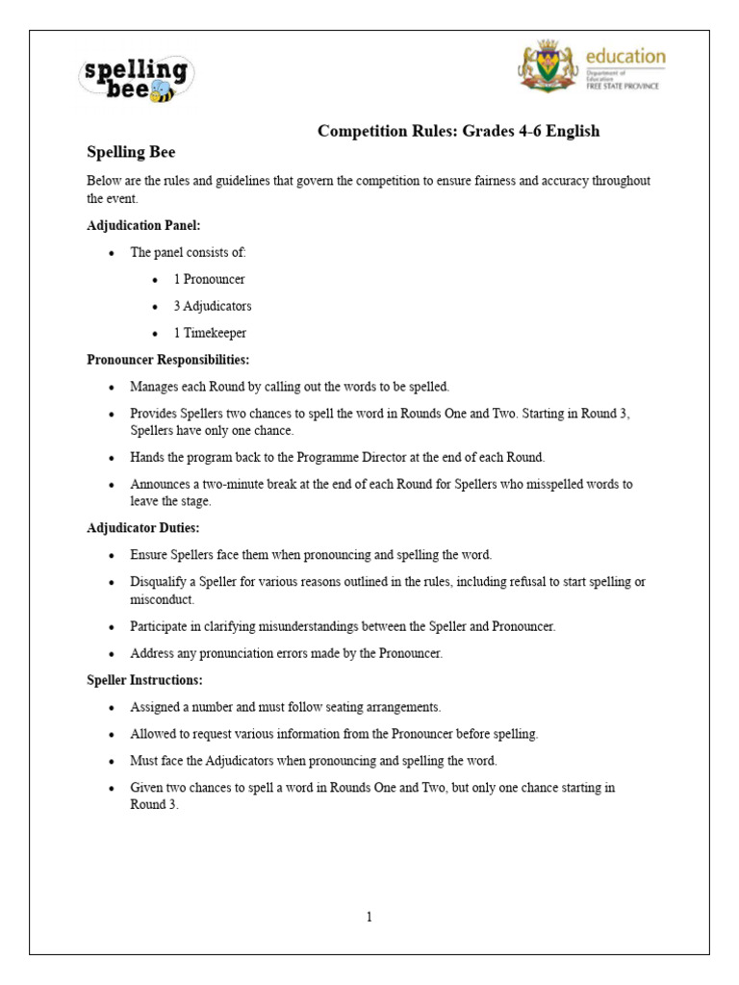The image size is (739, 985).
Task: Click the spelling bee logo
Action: click(136, 78)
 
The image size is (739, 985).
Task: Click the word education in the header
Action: click(625, 56)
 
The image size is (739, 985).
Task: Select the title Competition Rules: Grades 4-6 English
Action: click(459, 131)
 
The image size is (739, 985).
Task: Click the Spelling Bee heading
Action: click(131, 152)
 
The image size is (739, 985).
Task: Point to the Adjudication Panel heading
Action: click(143, 225)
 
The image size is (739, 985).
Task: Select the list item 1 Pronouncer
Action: click(209, 279)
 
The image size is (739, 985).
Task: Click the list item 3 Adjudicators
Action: click(213, 306)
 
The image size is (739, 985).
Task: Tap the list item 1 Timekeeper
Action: click(210, 333)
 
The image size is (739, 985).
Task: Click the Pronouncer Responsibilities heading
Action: click(168, 360)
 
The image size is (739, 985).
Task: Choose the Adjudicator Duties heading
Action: click(143, 528)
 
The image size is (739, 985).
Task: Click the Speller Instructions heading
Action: click(144, 680)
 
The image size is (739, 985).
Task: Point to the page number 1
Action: click(369, 917)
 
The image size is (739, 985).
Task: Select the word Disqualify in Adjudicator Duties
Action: click(159, 582)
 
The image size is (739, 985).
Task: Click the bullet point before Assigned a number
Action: click(112, 707)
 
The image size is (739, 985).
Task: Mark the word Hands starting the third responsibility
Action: click(147, 457)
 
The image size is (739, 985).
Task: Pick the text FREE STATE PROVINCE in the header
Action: click(623, 87)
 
